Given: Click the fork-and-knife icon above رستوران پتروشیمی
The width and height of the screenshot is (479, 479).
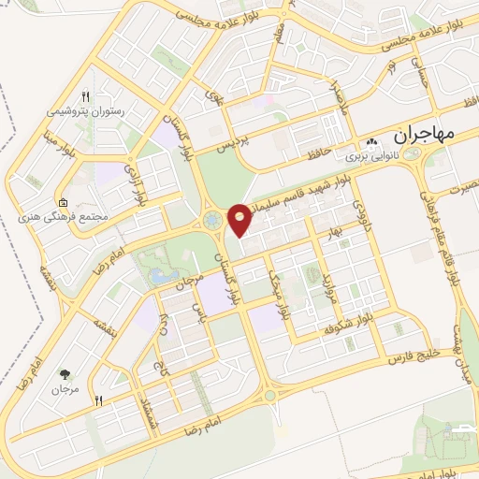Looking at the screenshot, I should click(x=85, y=96).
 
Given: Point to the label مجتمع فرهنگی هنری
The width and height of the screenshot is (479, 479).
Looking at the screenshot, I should click(x=67, y=216).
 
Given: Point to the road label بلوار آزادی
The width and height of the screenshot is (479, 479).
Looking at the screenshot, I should click(x=137, y=186).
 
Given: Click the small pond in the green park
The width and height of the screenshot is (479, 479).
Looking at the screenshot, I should click(x=161, y=277).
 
